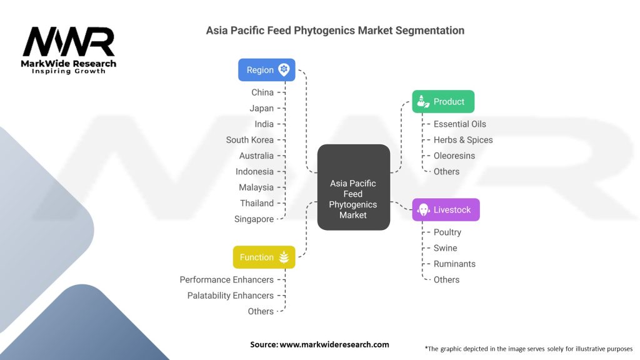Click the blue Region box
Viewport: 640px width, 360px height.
[x=267, y=70]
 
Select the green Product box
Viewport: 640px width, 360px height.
[x=443, y=101]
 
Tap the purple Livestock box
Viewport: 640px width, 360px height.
[x=446, y=209]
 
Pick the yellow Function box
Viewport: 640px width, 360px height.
[x=263, y=257]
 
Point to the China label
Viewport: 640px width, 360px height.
[x=262, y=92]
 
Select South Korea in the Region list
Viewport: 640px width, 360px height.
[x=250, y=140]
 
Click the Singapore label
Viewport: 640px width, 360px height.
[x=254, y=219]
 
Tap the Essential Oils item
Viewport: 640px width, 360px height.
[x=459, y=124]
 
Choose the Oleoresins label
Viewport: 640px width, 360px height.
[x=454, y=156]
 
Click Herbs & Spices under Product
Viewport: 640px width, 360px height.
[x=463, y=140]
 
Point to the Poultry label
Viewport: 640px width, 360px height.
[x=447, y=232]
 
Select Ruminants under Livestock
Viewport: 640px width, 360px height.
[x=454, y=264]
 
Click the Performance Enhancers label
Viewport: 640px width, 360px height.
[x=226, y=279]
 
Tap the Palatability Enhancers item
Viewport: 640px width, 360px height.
[x=231, y=296]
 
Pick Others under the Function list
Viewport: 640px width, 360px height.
[x=261, y=311]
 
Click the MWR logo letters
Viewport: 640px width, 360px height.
[x=69, y=42]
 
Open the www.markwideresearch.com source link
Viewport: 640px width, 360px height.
[x=334, y=344]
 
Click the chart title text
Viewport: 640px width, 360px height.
[x=335, y=30]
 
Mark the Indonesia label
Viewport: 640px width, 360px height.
[x=254, y=171]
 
